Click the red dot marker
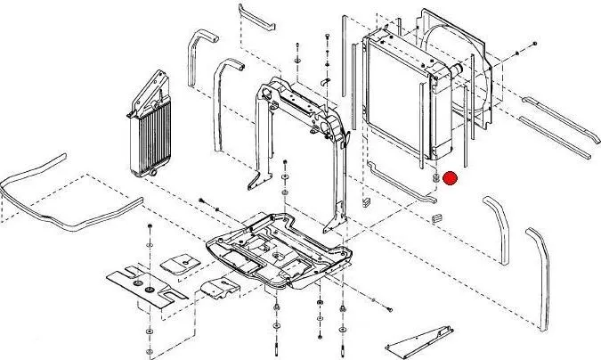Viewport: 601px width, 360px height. click(x=451, y=178)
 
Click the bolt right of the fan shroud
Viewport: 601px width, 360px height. click(x=532, y=43)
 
